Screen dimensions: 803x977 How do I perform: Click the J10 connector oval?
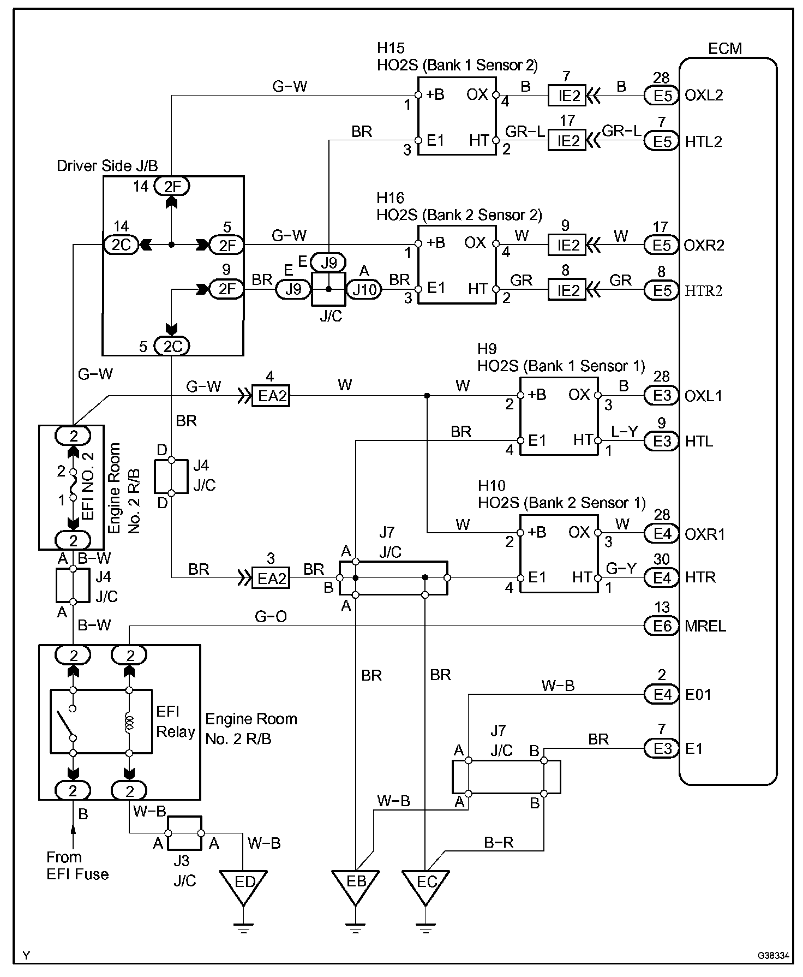[x=364, y=289]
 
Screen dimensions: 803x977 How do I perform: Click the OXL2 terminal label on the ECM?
[x=704, y=96]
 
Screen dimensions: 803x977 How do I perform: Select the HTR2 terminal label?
[x=703, y=290]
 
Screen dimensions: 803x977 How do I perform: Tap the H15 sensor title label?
[x=391, y=48]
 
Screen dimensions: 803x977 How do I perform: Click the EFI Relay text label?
[x=175, y=721]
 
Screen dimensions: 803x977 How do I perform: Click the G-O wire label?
[x=271, y=617]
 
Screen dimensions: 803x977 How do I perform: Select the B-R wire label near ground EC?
[x=499, y=843]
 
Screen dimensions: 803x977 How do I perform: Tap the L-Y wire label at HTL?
[x=624, y=432]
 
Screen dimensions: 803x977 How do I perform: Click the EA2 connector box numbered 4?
[x=271, y=396]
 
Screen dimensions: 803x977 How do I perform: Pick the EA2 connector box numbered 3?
[x=271, y=577]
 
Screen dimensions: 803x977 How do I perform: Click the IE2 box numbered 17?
[x=567, y=140]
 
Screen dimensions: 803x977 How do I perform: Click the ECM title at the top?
[x=725, y=49]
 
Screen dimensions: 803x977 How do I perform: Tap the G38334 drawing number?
[x=773, y=956]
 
